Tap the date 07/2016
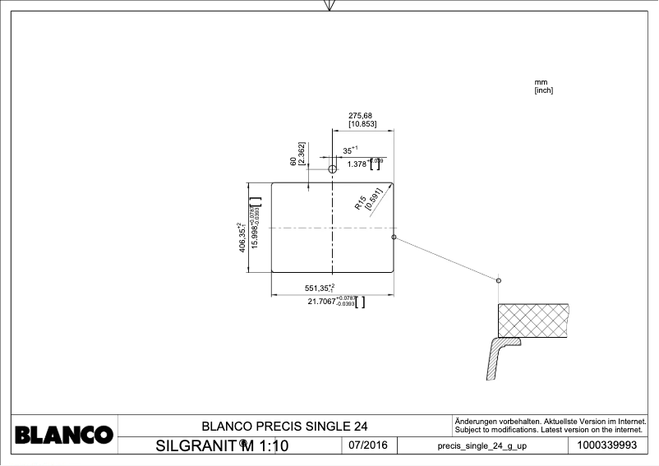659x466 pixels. point(367,445)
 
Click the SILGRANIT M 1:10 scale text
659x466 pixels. point(222,446)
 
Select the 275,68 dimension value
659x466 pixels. point(361,116)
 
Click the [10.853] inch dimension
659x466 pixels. point(362,124)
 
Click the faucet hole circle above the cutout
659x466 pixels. point(332,168)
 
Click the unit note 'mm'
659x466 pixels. point(541,83)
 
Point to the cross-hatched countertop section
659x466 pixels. point(534,318)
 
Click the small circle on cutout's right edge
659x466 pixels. point(394,237)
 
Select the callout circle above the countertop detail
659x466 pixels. point(499,280)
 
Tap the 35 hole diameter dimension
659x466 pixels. point(348,150)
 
